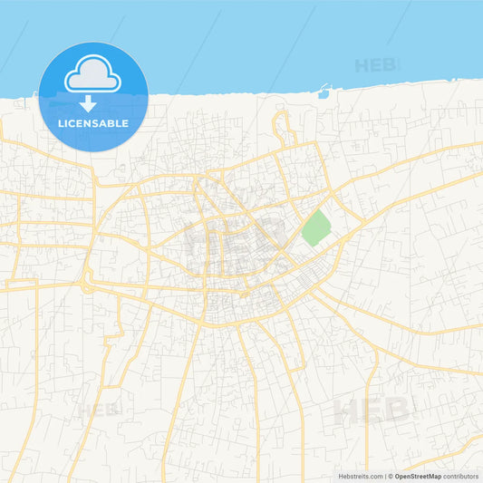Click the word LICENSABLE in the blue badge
[93, 123]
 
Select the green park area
[315, 227]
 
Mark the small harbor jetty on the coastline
[323, 90]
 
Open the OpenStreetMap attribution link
[418, 476]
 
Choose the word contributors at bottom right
[461, 476]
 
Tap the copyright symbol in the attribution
[391, 476]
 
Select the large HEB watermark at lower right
[372, 411]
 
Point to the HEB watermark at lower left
[97, 410]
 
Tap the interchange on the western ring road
[87, 284]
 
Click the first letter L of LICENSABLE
[61, 123]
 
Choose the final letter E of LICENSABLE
[126, 123]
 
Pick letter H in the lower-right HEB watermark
[346, 411]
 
